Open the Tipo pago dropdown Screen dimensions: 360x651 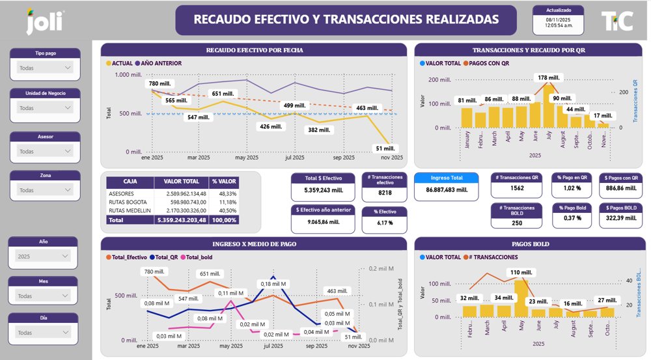pos(45,68)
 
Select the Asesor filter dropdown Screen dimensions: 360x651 pos(45,151)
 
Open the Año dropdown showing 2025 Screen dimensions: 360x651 pos(45,256)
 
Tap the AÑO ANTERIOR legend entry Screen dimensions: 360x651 pos(159,63)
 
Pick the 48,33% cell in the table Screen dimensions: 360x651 pos(228,193)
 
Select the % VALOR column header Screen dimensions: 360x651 pos(223,182)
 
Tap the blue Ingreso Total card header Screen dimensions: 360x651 pos(447,177)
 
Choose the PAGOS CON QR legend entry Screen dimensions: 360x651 pos(486,63)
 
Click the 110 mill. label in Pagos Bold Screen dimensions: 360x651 pos(521,272)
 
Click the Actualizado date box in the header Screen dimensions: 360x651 pos(559,20)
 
